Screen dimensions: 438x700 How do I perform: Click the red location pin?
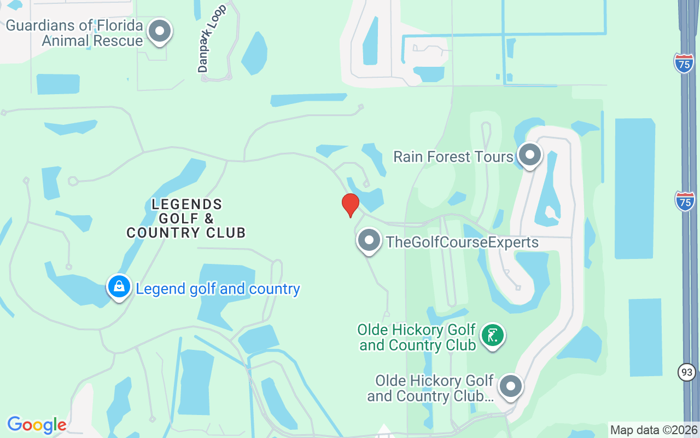tap(351, 205)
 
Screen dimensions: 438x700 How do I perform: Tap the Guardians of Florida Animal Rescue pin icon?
tap(160, 31)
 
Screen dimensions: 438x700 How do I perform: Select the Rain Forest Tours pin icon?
tap(529, 155)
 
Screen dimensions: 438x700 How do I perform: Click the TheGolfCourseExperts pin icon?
tap(369, 240)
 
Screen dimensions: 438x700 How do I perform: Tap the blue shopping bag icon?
tap(119, 286)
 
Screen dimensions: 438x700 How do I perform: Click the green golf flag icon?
tap(493, 335)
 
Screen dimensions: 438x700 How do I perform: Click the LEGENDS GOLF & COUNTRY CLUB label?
tap(186, 218)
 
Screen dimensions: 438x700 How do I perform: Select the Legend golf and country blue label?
tap(218, 289)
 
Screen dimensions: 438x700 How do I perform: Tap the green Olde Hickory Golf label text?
tap(417, 337)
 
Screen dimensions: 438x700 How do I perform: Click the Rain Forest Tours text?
tap(453, 157)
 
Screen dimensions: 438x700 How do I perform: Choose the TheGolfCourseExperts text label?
tap(462, 242)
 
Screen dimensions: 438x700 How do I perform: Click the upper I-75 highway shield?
tap(684, 63)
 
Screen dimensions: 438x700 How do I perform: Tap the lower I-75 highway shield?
tap(685, 201)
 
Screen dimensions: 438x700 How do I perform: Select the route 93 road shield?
tap(687, 372)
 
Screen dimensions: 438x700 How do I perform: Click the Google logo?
tap(37, 425)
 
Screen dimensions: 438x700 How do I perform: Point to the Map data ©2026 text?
tap(654, 430)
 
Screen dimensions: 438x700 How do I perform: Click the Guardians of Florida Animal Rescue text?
tap(74, 33)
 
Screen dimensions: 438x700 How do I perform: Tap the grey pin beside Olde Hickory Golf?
tap(511, 386)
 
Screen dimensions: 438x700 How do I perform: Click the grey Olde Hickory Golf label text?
tap(431, 388)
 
